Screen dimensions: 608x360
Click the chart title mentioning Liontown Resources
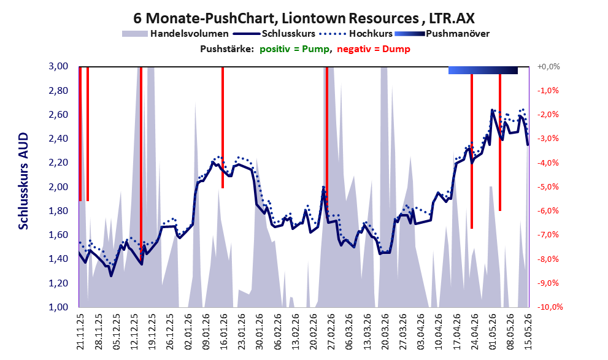[x=304, y=18]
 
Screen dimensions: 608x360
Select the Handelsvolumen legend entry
[x=175, y=34]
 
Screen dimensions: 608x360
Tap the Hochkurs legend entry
[x=356, y=34]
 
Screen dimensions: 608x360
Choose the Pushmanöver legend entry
[x=442, y=34]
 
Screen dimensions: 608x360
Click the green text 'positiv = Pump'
[x=294, y=49]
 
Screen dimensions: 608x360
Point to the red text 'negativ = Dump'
[x=374, y=49]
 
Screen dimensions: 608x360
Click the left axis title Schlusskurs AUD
[x=24, y=181]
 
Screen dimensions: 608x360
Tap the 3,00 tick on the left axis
[x=58, y=66]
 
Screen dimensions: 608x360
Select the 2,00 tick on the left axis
[x=58, y=187]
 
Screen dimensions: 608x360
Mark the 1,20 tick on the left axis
[x=58, y=283]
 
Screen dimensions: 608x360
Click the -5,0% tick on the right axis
[x=548, y=187]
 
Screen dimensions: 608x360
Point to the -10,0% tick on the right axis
[x=550, y=307]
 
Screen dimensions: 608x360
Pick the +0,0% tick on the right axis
[x=548, y=67]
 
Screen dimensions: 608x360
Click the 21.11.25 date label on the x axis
[x=80, y=332]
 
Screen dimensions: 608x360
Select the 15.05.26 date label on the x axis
[x=528, y=332]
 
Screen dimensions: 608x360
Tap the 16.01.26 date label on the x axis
[x=224, y=332]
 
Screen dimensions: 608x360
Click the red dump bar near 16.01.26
[x=223, y=128]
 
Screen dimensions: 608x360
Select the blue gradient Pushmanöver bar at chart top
[x=483, y=70]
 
